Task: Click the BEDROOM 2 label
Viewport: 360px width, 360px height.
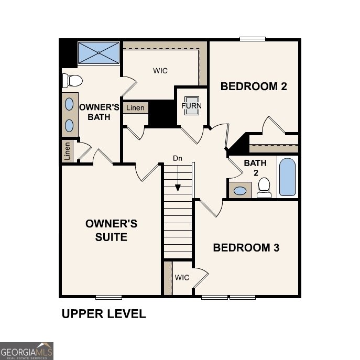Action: coord(254,86)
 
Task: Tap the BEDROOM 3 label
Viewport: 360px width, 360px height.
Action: coord(246,247)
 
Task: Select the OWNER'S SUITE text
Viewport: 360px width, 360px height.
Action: coord(111,231)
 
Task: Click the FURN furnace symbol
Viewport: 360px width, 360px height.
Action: coord(191,105)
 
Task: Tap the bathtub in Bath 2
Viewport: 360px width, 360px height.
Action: coord(287,177)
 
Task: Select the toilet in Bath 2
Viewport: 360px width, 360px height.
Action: coord(264,187)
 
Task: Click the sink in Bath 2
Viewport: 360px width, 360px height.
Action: coord(240,190)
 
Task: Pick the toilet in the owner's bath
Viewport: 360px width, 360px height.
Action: coord(72,81)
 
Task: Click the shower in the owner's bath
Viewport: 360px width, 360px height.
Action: coord(99,52)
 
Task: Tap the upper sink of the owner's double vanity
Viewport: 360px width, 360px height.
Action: coord(69,104)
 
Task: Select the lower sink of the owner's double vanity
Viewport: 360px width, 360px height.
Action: coord(69,125)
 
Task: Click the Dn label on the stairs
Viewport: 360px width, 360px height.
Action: coord(178,158)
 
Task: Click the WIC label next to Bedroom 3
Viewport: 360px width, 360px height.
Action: coord(182,277)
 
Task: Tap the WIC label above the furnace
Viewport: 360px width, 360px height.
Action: coord(160,71)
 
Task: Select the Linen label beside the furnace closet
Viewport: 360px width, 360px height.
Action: coord(135,108)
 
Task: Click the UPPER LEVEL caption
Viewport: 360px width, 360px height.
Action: coord(104,314)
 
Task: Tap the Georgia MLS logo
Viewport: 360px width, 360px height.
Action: coord(26,351)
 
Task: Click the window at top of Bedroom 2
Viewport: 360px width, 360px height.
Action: coord(253,38)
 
